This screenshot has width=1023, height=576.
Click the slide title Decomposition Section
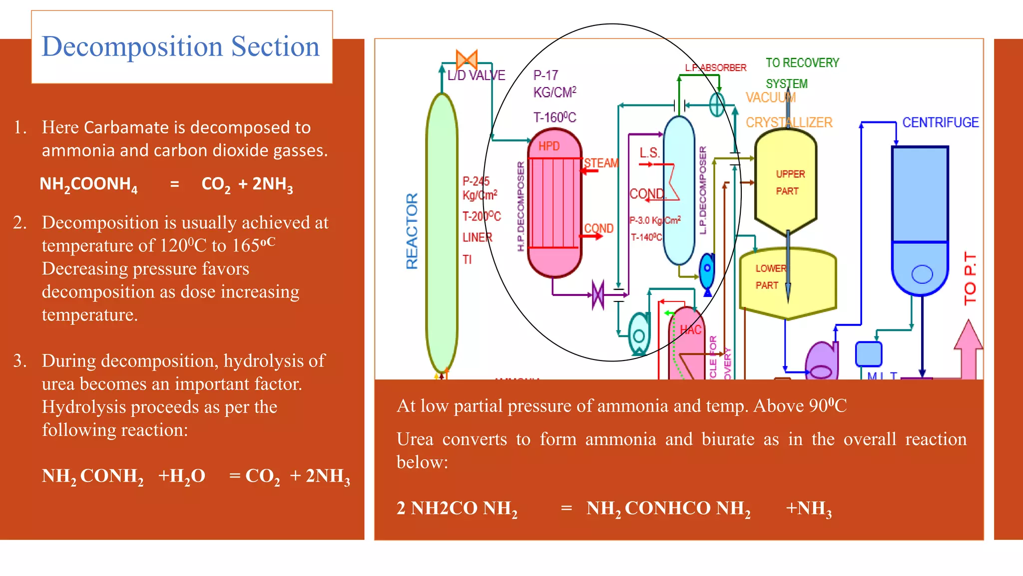(180, 46)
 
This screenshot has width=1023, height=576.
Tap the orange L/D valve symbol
(467, 59)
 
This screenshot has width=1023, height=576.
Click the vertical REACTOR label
(412, 231)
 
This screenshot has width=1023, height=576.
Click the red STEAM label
(601, 163)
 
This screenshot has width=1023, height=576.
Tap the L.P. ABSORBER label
(715, 67)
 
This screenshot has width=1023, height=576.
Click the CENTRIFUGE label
(940, 122)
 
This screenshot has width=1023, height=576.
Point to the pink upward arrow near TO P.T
(968, 350)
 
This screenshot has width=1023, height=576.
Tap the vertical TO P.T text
(970, 278)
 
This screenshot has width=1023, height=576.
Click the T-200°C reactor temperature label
(482, 216)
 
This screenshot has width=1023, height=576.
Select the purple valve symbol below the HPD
(598, 295)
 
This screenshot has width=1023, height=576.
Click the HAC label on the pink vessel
(690, 329)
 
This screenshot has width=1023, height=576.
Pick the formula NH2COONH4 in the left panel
(88, 184)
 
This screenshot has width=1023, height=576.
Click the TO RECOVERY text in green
(802, 63)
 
